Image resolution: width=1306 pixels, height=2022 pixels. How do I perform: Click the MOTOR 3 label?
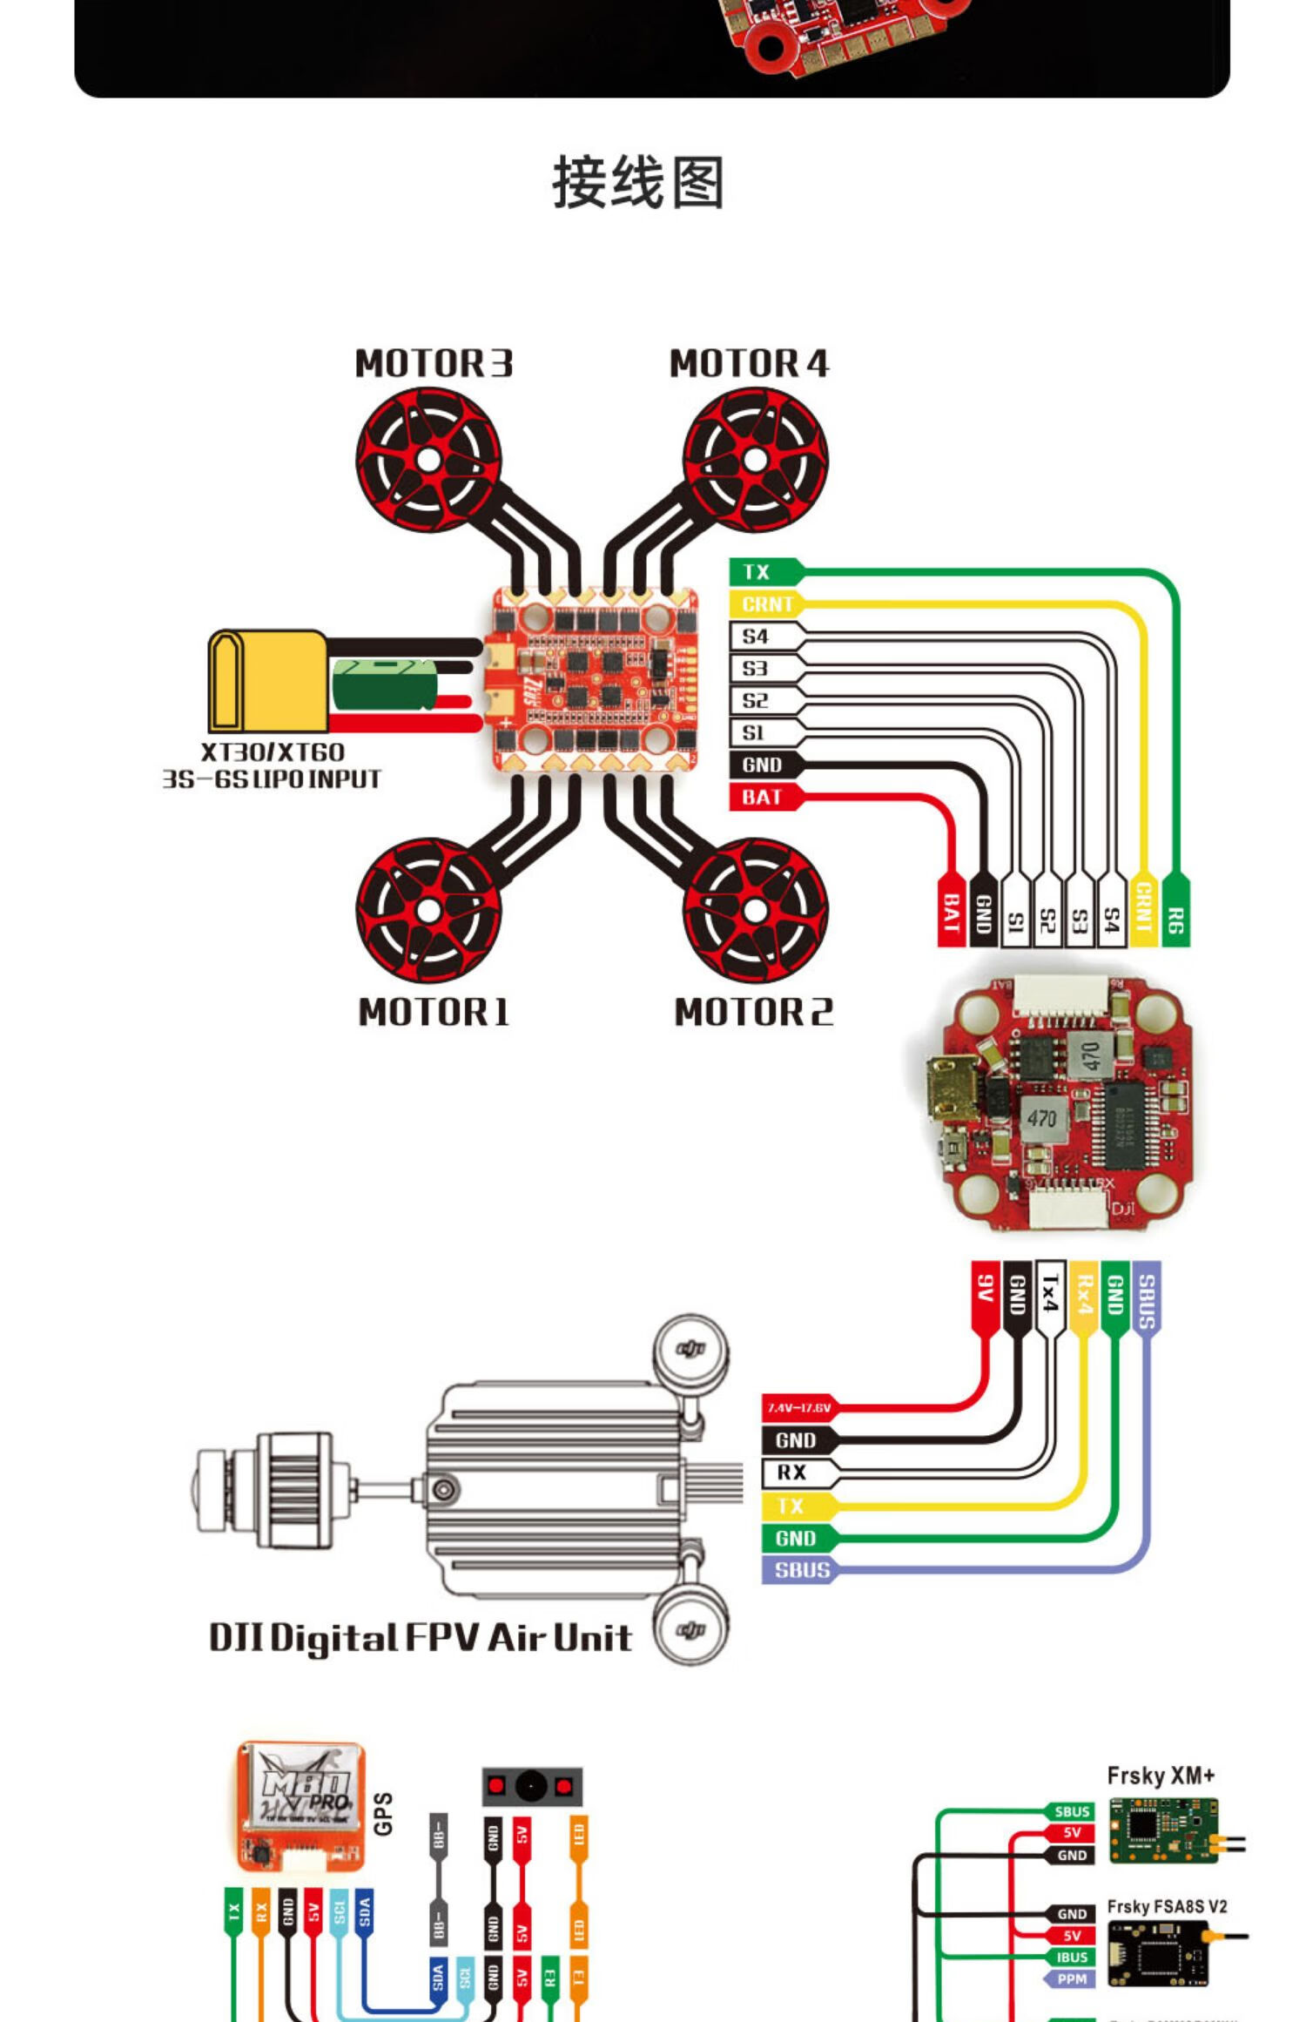[434, 363]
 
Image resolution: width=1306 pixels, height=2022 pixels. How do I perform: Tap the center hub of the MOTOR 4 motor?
[755, 461]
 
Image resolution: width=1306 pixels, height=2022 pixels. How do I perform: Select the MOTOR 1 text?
[434, 1012]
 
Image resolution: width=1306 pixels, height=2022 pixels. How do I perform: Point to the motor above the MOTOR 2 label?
[755, 910]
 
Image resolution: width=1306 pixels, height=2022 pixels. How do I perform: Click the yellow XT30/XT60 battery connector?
[266, 680]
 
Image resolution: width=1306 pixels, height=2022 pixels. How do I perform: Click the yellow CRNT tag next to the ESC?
[765, 603]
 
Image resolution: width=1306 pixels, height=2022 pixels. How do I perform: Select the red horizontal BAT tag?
[762, 797]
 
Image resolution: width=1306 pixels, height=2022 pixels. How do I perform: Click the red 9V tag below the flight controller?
[985, 1292]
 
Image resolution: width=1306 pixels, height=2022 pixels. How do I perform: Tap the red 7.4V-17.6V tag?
[798, 1408]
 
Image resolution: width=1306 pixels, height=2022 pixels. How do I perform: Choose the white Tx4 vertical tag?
[1050, 1294]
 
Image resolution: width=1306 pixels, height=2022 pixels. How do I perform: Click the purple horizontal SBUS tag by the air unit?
[800, 1570]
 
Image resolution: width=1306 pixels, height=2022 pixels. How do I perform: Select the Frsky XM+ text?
[1160, 1776]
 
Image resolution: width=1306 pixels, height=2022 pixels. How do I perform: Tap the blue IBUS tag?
[1071, 1957]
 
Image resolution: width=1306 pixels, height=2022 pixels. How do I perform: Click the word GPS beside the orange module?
[383, 1814]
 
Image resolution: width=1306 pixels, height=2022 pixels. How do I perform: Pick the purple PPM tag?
[1070, 1978]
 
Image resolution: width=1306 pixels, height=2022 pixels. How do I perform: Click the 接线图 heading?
[638, 183]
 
